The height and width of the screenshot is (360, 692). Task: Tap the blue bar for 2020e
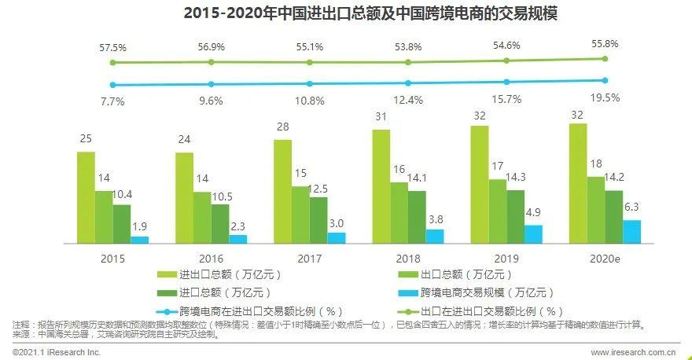tap(631, 231)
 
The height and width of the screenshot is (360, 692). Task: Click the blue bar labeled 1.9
tap(140, 239)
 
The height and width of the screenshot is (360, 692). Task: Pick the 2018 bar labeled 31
tap(381, 186)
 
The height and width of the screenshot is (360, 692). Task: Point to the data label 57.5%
tap(112, 47)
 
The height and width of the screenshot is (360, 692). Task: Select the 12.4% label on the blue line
tap(408, 100)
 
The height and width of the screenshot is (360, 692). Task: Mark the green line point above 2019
tap(506, 61)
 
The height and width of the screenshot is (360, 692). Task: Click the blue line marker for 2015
tap(113, 85)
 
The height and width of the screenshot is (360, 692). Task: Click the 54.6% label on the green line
tap(506, 46)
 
